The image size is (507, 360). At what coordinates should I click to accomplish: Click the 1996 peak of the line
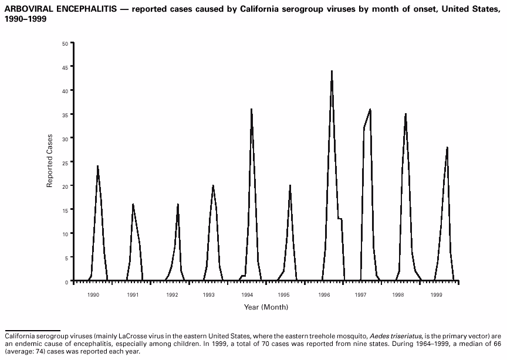(x=332, y=72)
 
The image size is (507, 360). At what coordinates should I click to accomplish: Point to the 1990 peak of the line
(x=97, y=167)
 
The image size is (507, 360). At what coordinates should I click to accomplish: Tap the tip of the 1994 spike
(x=251, y=109)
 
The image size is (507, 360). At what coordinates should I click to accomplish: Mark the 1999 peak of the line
(x=447, y=147)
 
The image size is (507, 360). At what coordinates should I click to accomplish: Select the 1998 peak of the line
(x=405, y=114)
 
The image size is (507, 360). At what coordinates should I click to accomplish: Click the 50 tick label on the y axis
(x=64, y=43)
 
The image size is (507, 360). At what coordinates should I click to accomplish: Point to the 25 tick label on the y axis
(x=64, y=162)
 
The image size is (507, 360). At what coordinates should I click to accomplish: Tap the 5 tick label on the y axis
(x=66, y=257)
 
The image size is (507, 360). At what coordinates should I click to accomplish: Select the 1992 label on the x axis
(x=172, y=295)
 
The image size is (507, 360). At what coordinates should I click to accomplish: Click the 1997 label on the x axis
(x=361, y=295)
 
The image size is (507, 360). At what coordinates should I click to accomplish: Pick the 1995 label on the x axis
(x=284, y=295)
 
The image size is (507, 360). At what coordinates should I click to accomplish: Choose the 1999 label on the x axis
(x=436, y=295)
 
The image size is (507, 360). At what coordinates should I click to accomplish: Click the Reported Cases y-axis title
(x=50, y=161)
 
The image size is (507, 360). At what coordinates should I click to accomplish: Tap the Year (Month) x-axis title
(x=266, y=307)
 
